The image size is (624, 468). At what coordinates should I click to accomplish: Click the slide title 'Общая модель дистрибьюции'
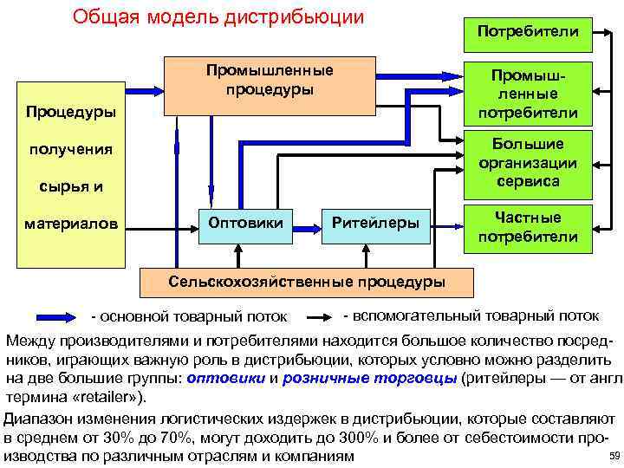[x=218, y=17]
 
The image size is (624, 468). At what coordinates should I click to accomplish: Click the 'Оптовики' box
[x=245, y=224]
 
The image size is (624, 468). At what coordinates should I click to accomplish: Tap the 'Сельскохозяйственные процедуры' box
[x=308, y=282]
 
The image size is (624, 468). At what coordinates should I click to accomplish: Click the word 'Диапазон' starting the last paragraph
[x=38, y=419]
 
